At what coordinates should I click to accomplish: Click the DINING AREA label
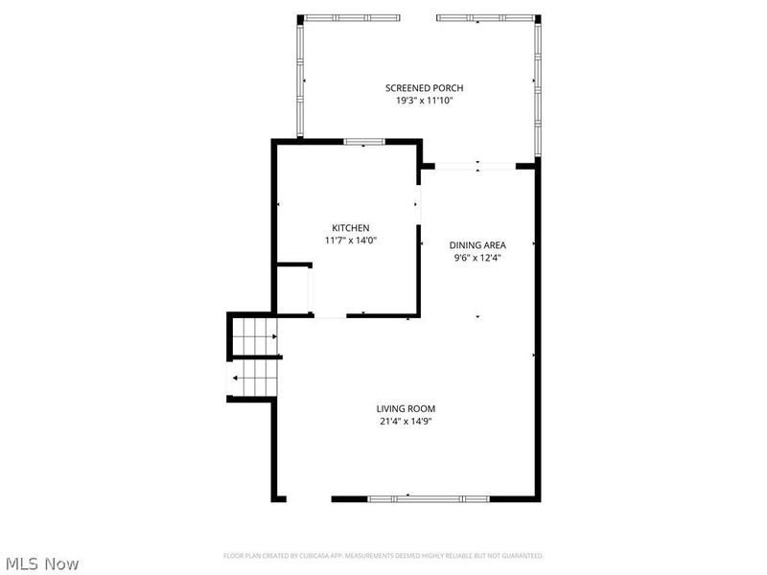[x=478, y=244]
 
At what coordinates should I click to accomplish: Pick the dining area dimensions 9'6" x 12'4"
[x=478, y=257]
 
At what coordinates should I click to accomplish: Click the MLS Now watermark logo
[x=42, y=563]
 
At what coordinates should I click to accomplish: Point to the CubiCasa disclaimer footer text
[x=383, y=556]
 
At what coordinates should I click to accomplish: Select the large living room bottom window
[x=409, y=498]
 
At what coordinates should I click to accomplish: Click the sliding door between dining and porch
[x=476, y=167]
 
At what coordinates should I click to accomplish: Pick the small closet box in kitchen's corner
[x=291, y=289]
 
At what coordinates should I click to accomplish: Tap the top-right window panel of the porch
[x=486, y=17]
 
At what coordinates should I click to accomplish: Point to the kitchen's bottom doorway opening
[x=329, y=315]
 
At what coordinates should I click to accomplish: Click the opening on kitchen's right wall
[x=419, y=203]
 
